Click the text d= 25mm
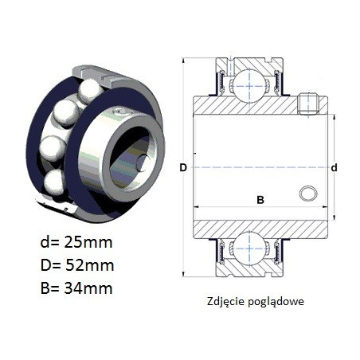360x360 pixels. [76, 242]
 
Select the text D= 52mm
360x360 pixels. [77, 265]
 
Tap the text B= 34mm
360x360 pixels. [76, 288]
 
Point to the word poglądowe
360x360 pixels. [276, 302]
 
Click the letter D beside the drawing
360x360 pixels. [183, 168]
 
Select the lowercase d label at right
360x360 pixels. [335, 168]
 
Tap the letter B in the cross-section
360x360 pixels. [260, 200]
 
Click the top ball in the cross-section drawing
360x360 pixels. [249, 86]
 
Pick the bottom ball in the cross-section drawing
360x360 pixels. [249, 248]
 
